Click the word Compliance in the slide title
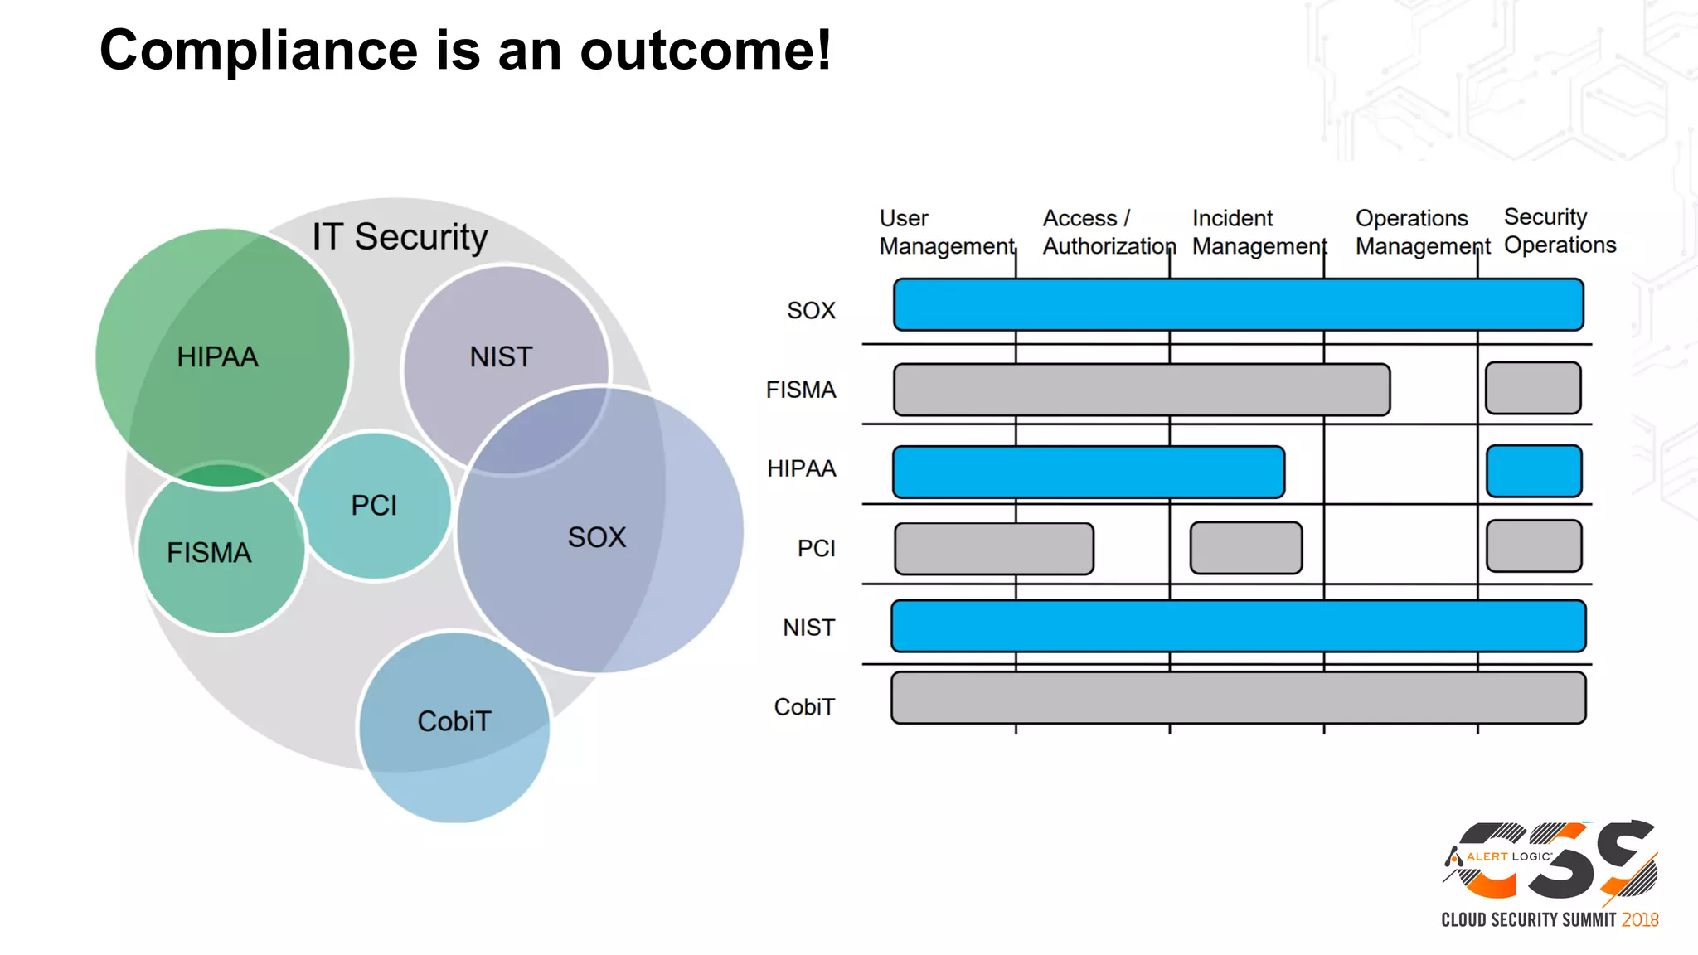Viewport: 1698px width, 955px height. click(x=258, y=51)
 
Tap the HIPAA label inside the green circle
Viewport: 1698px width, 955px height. click(x=217, y=357)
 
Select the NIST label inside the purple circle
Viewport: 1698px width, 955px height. click(x=501, y=357)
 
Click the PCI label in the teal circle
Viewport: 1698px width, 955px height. click(x=374, y=505)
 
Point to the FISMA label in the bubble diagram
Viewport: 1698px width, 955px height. click(x=209, y=553)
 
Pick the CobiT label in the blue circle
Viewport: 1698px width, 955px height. click(x=454, y=721)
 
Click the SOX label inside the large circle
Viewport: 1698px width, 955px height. click(x=597, y=537)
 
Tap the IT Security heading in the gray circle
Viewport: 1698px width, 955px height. click(x=400, y=237)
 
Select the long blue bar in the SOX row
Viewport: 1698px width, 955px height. click(x=1238, y=305)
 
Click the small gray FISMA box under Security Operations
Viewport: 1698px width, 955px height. click(x=1533, y=388)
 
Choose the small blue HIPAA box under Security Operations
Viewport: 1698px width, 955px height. click(x=1534, y=471)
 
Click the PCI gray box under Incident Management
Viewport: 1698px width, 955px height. click(x=1245, y=548)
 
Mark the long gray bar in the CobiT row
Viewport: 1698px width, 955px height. click(x=1238, y=698)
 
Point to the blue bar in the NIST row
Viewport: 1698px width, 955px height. click(x=1238, y=626)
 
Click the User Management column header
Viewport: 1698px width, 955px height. click(x=946, y=232)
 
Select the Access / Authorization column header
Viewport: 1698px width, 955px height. click(x=1109, y=232)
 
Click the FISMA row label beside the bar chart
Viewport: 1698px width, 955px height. click(x=800, y=390)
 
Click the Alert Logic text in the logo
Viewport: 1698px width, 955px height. click(x=1508, y=856)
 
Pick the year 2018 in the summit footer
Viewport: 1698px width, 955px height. click(x=1640, y=920)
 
